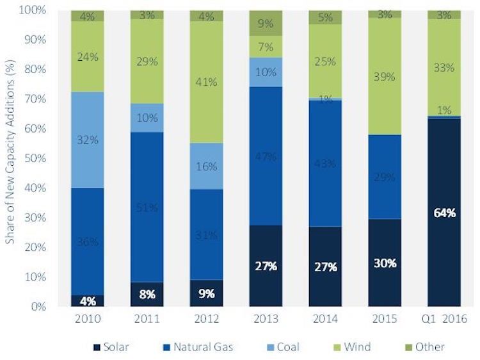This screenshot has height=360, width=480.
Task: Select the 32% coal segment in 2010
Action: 87,140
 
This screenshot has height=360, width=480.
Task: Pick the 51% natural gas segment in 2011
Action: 147,206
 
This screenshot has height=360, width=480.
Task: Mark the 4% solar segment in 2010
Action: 87,300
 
